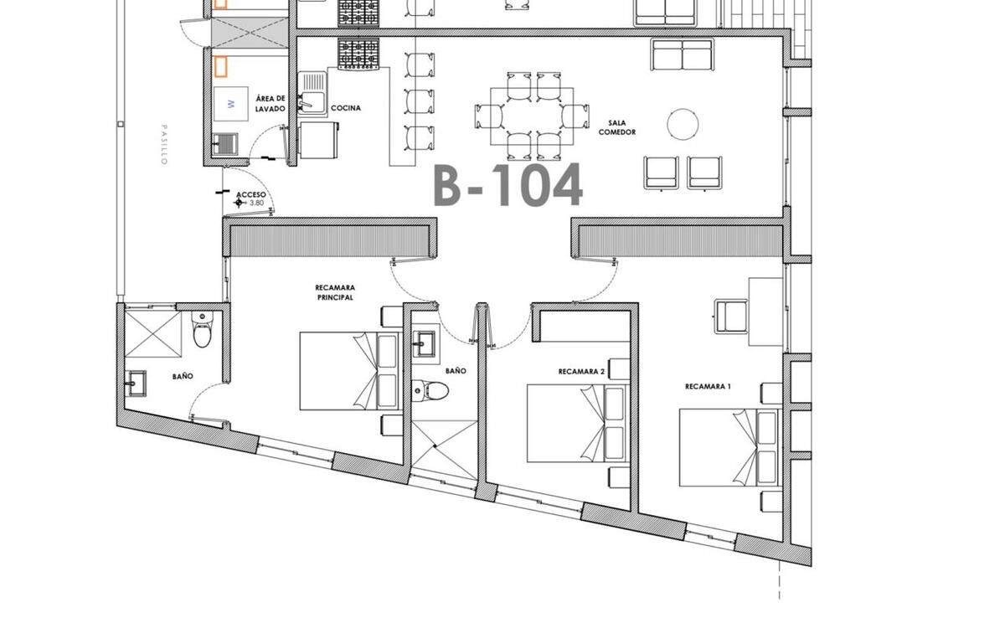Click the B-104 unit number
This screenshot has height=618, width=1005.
508,185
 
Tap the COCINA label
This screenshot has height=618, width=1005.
346,108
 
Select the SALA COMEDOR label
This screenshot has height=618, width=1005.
617,127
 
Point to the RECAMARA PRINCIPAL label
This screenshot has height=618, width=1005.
335,292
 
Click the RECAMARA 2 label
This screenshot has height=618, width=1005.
581,371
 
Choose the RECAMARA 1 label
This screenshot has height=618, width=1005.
708,386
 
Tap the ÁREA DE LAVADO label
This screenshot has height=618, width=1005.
271,104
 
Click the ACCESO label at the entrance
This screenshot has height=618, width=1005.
250,194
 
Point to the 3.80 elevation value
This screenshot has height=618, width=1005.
256,203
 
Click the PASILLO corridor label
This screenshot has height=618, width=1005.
164,145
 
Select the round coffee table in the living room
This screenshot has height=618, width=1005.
683,124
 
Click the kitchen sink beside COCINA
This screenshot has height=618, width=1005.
312,94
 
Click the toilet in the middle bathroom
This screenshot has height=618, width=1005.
430,390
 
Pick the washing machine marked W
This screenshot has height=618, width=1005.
230,104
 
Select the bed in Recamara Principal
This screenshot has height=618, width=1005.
349,371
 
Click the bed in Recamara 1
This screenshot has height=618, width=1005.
729,447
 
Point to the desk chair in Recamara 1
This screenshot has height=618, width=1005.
731,317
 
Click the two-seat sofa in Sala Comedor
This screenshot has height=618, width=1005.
683,54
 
